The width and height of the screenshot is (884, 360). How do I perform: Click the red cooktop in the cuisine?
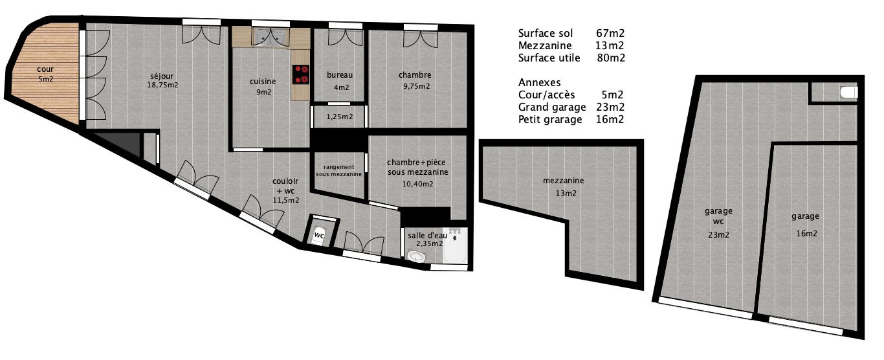click(301, 74)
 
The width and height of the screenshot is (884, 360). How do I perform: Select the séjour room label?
click(162, 76)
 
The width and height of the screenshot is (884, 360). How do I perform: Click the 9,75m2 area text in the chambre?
click(416, 86)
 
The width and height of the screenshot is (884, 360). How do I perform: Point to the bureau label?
click(340, 75)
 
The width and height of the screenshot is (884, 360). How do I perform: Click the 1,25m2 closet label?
click(339, 117)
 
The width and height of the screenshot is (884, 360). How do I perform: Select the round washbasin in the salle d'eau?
click(416, 256)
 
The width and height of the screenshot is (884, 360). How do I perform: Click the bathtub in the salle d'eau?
click(456, 245)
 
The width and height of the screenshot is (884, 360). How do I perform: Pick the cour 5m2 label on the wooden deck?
click(45, 74)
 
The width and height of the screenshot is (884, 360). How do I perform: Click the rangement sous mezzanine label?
click(338, 170)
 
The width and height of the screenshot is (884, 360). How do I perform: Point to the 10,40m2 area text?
click(417, 184)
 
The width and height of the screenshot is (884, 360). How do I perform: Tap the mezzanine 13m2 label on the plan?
click(564, 186)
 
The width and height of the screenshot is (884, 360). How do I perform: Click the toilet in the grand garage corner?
click(849, 93)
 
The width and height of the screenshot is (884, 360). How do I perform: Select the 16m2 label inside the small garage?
click(806, 234)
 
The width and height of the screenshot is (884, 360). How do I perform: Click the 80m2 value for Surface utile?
click(611, 58)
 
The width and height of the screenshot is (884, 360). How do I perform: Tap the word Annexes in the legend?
click(540, 82)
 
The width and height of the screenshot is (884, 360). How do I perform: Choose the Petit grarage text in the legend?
click(550, 120)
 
